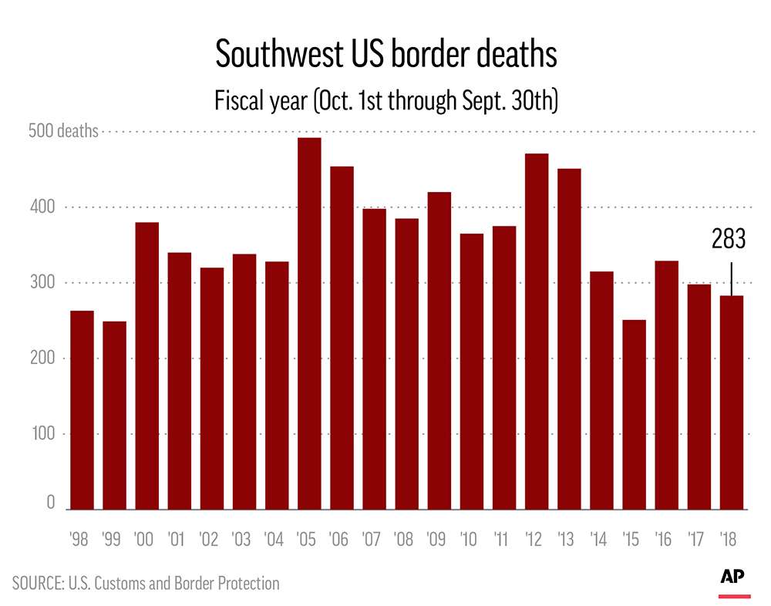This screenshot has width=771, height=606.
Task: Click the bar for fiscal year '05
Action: pyautogui.click(x=309, y=324)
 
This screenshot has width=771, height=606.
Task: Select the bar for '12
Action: pyautogui.click(x=537, y=332)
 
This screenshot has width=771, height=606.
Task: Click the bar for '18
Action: pyautogui.click(x=732, y=402)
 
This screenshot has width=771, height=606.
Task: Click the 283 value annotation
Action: pyautogui.click(x=729, y=240)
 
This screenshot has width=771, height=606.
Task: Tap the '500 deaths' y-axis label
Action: pyautogui.click(x=63, y=131)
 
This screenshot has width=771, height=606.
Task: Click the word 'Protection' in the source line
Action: pyautogui.click(x=244, y=583)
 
